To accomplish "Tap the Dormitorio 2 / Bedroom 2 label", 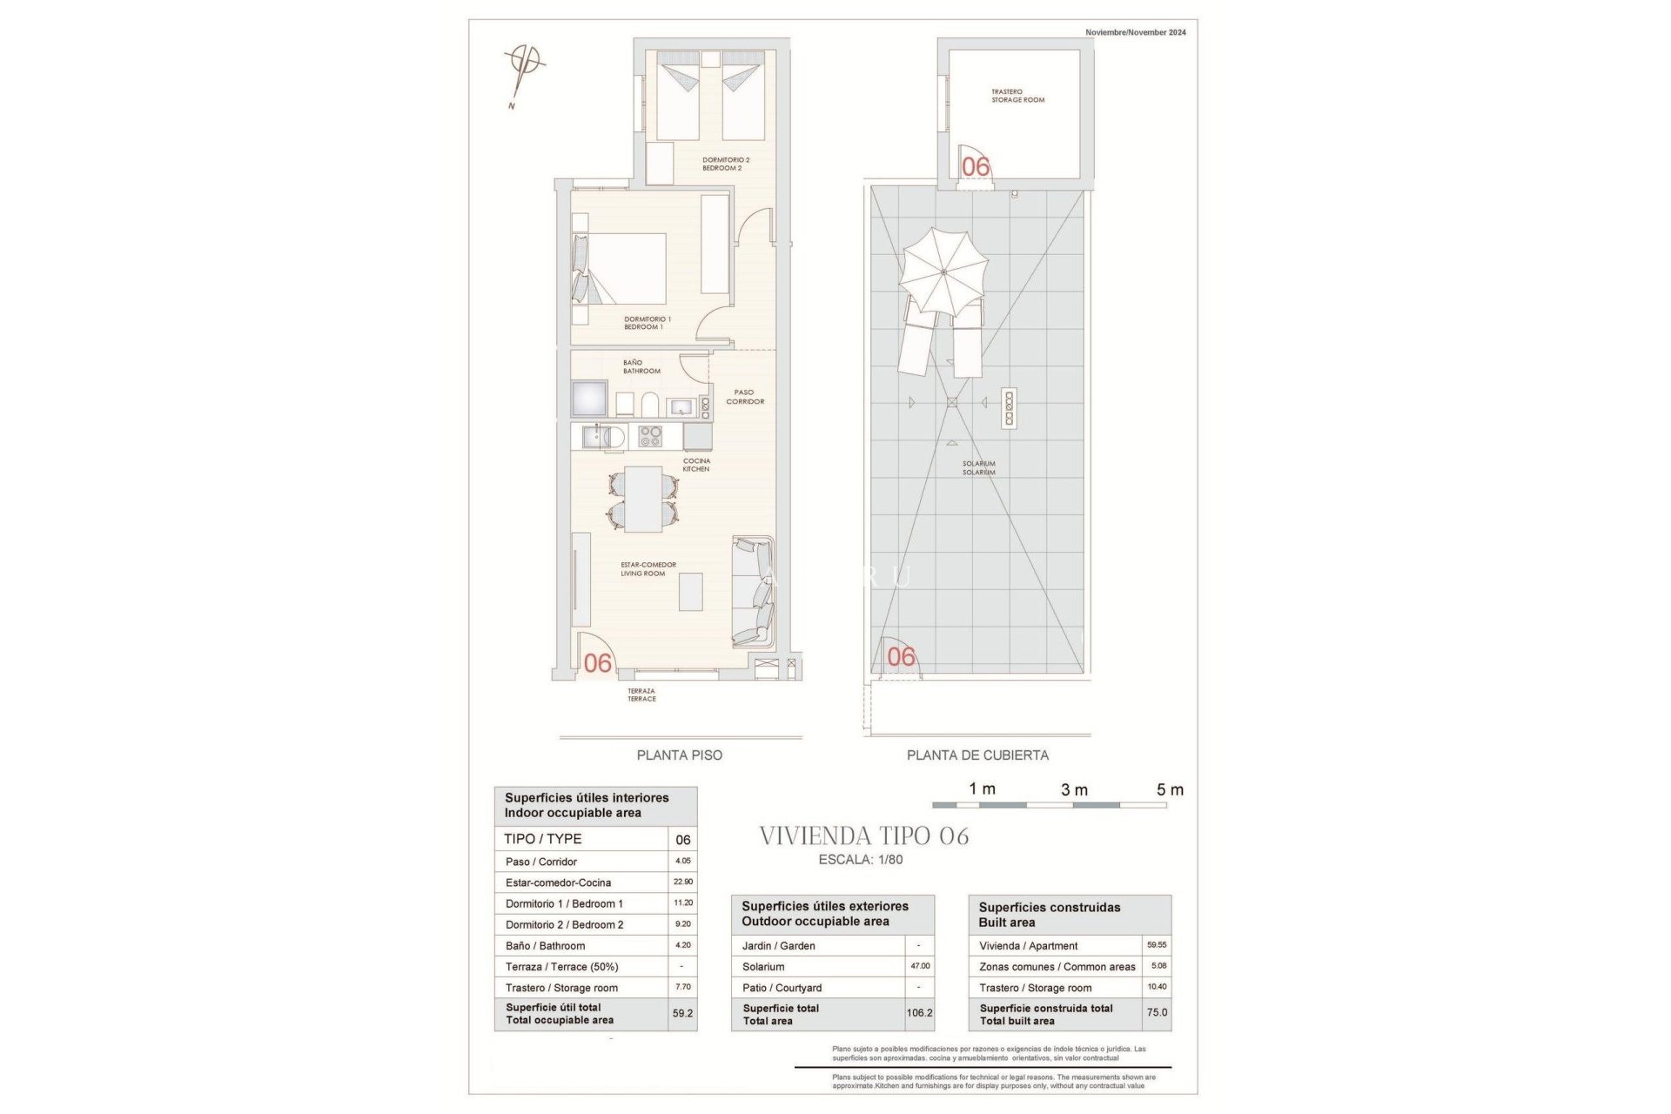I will click(x=725, y=164).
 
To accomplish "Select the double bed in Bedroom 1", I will click(x=625, y=268).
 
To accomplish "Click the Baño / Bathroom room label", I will click(x=641, y=366).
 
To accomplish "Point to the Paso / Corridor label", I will click(x=745, y=397).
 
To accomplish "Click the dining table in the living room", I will click(x=643, y=500).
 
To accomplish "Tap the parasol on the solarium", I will click(x=943, y=272).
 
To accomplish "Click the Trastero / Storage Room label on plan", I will click(x=1017, y=96).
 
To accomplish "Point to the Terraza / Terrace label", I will click(x=641, y=695).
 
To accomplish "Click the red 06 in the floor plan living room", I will click(x=598, y=663).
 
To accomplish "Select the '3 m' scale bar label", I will click(x=1074, y=789).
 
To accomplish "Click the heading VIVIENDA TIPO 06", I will click(x=863, y=836).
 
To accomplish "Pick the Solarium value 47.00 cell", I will click(x=920, y=966).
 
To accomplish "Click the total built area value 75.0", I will click(x=1157, y=1013).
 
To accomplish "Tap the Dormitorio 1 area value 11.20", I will click(x=683, y=903).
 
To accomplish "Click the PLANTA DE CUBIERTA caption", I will click(x=977, y=755).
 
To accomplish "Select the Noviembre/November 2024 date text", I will click(x=1135, y=32).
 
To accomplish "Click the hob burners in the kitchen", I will click(x=650, y=435).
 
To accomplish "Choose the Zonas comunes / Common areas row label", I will click(x=1057, y=967).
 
